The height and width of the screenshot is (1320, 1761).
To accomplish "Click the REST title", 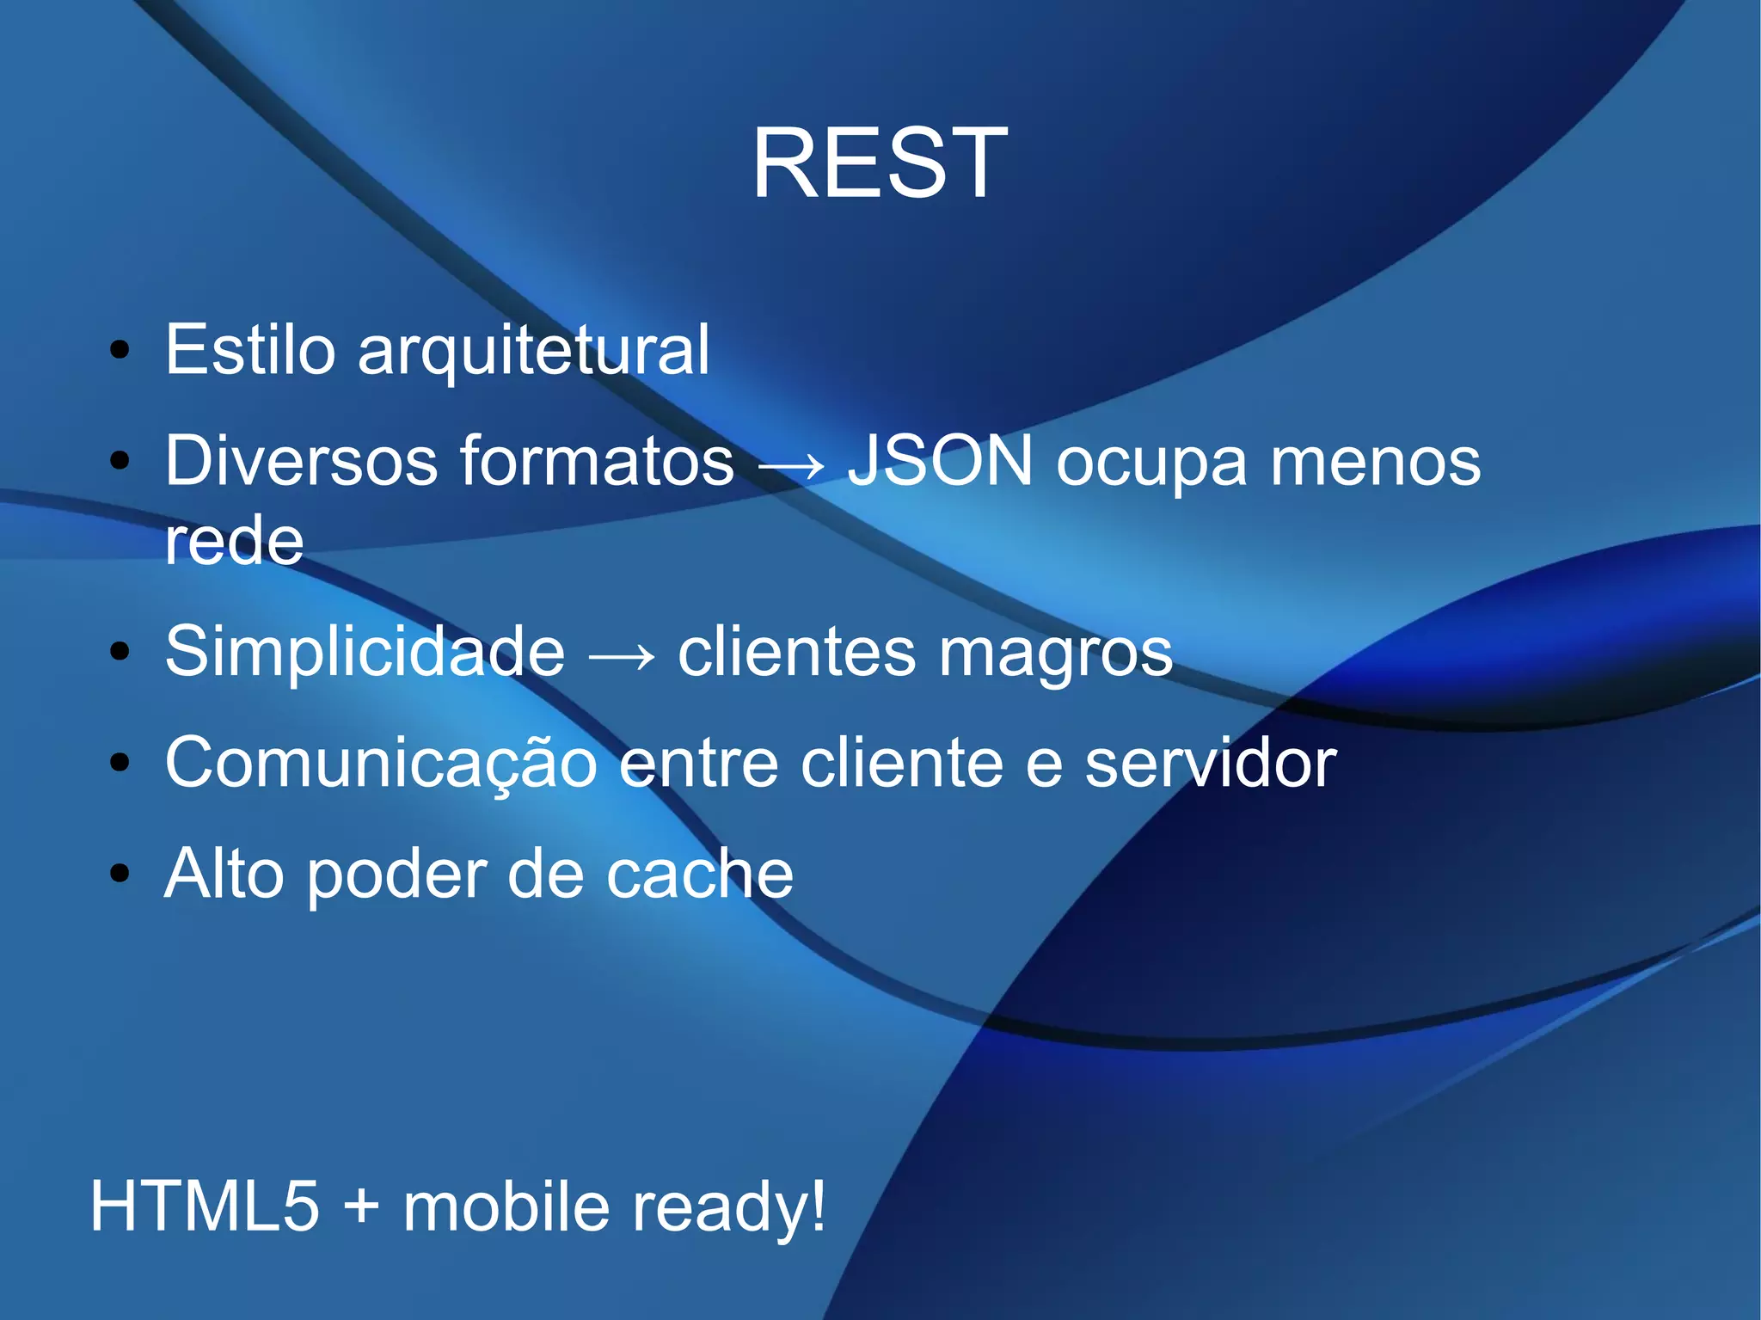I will [x=880, y=163].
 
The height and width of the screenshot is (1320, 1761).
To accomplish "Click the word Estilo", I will [x=249, y=350].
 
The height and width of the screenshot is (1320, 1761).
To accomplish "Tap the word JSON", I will [x=940, y=462].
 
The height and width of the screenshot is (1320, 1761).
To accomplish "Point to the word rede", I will [x=234, y=541].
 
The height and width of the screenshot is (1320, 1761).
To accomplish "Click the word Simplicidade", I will [x=365, y=652].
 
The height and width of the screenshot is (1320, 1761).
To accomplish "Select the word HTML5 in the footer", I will [x=205, y=1206].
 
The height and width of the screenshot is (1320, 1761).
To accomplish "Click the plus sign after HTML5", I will [x=361, y=1206].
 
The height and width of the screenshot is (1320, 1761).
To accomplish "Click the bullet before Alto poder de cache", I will [x=120, y=874].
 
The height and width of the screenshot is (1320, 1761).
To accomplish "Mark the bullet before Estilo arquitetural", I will [x=120, y=350].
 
